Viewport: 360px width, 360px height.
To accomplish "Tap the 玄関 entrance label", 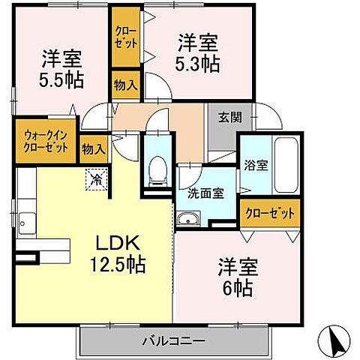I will pyautogui.click(x=229, y=118).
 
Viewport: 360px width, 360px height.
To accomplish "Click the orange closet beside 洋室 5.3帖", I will pyautogui.click(x=125, y=37).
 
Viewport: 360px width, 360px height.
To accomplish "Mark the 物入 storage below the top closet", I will pyautogui.click(x=125, y=85).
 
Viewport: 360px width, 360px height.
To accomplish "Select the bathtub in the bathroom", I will pyautogui.click(x=288, y=165).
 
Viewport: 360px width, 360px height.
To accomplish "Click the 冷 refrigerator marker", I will pyautogui.click(x=97, y=179).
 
